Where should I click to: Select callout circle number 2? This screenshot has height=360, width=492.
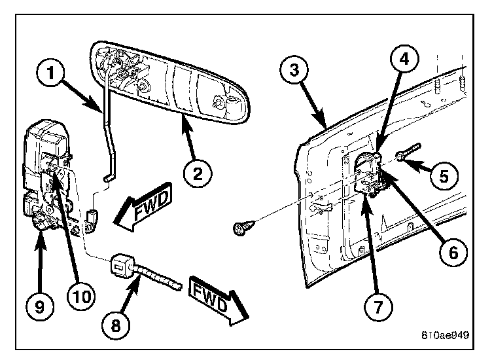click(198, 173)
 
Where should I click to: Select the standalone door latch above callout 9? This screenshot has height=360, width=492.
click(49, 177)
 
